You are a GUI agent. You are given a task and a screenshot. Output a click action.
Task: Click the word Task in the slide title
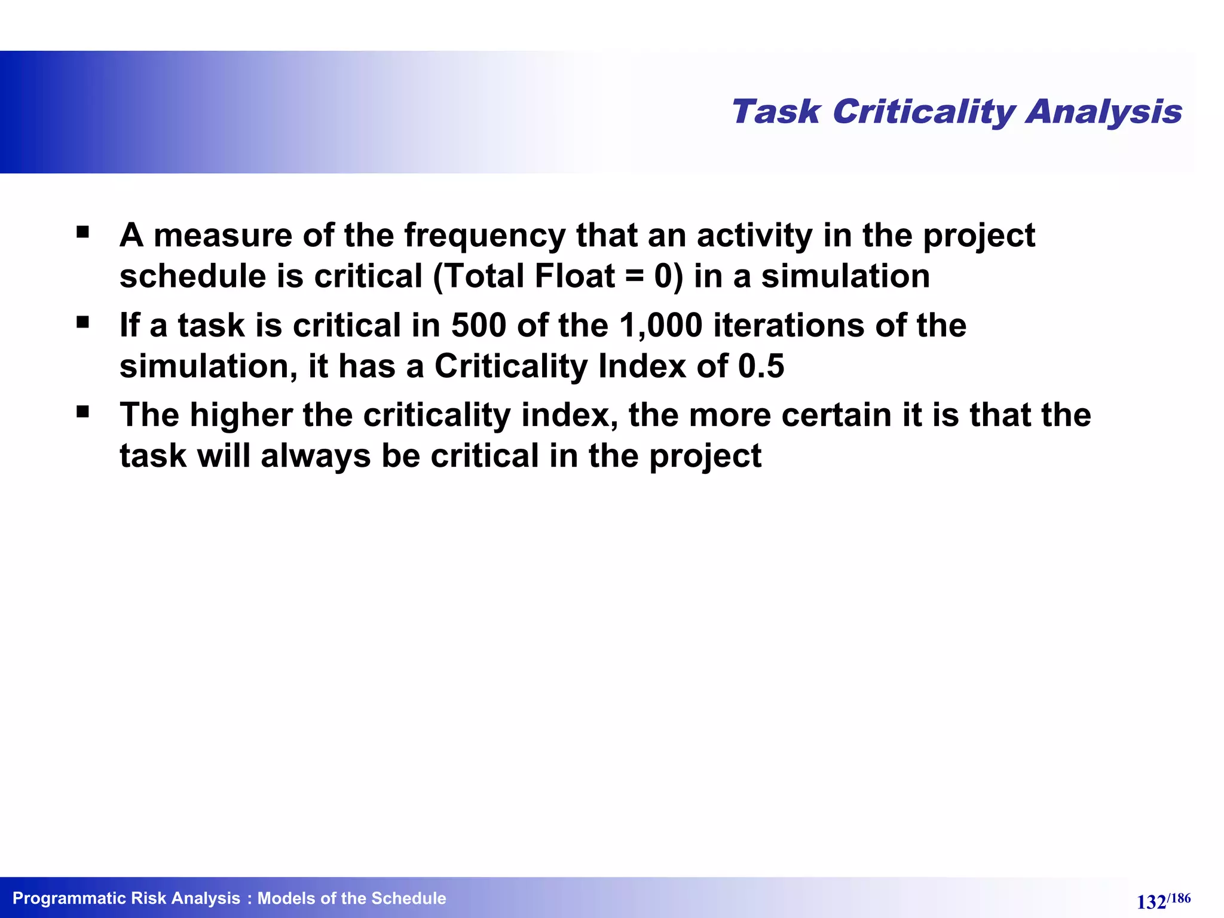776,112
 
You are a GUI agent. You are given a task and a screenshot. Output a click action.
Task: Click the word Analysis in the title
1104,112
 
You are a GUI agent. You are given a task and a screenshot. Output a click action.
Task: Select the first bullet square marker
83,231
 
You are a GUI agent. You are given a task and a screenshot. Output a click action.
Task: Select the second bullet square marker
83,323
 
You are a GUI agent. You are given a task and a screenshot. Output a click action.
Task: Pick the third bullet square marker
83,412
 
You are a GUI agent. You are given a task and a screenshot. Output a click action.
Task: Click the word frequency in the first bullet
485,235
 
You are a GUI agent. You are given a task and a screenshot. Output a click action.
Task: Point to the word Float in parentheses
574,276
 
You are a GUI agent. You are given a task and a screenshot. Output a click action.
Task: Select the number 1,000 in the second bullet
660,326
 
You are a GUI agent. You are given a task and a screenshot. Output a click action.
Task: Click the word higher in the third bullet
241,415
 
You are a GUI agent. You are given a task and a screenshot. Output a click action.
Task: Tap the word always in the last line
316,456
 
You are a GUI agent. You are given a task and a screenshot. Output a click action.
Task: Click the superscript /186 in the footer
1179,898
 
